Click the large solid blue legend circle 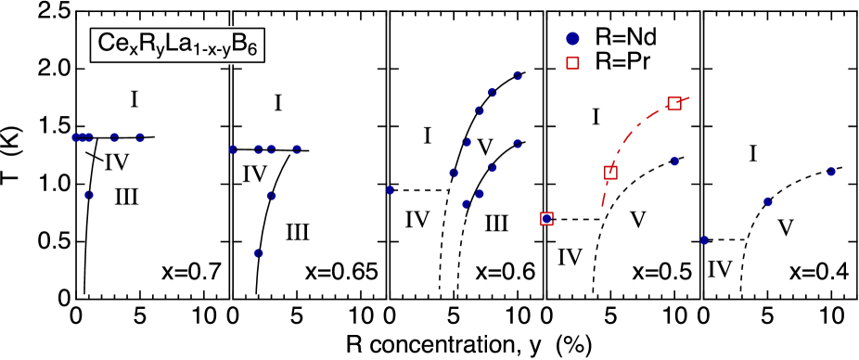point(572,39)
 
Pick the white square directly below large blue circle point(572,63)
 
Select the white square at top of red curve point(674,104)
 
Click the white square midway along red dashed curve point(610,173)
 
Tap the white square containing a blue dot point(547,219)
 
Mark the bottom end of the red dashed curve point(603,205)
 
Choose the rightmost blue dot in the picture point(831,172)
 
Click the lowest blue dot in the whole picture point(259,253)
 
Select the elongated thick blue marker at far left point(83,137)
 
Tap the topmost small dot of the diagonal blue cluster point(518,76)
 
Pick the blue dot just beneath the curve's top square point(674,161)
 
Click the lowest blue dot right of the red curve point(704,240)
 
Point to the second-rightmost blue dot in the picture point(768,201)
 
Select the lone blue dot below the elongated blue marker point(89,195)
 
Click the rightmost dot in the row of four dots point(297,148)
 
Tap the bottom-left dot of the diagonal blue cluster point(466,204)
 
